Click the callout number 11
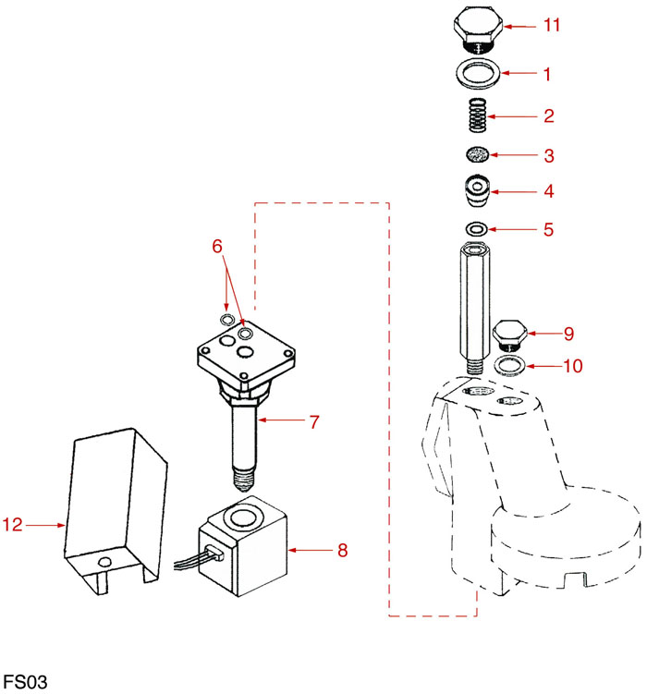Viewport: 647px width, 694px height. click(x=552, y=26)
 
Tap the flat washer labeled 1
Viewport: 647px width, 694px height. click(x=480, y=71)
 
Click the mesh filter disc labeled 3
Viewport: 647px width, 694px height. click(x=477, y=154)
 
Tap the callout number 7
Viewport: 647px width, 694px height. click(x=314, y=421)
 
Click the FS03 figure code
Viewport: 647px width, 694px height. click(x=24, y=682)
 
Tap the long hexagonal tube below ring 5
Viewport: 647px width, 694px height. click(x=472, y=301)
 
